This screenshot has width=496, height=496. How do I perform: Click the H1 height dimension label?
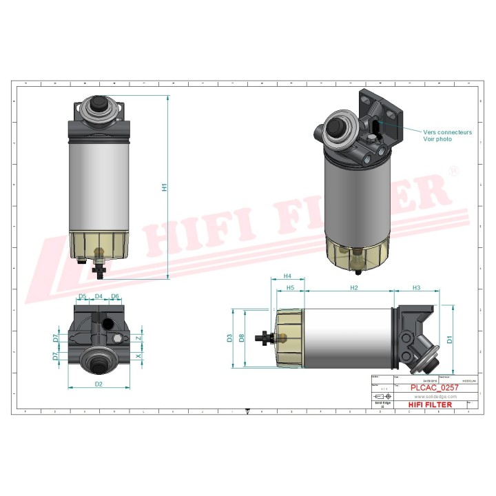[x=164, y=187]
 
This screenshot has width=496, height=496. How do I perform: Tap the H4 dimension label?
[x=287, y=276]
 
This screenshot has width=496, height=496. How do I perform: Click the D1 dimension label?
[x=449, y=339]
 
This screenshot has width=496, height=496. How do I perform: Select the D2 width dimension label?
[x=99, y=383]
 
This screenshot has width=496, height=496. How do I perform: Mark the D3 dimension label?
[x=229, y=338]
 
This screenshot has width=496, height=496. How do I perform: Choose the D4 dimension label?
[x=99, y=296]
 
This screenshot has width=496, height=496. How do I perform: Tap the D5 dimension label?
[x=82, y=296]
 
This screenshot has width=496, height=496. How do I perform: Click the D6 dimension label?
[x=115, y=296]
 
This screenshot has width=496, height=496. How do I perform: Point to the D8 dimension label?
[x=241, y=338]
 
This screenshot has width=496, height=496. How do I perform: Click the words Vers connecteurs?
[x=447, y=132]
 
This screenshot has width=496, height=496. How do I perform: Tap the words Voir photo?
[x=437, y=139]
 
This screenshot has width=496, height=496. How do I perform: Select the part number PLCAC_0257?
[x=434, y=388]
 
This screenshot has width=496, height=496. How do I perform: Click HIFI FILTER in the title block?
[x=429, y=404]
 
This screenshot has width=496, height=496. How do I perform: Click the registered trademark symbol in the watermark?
[x=453, y=169]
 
